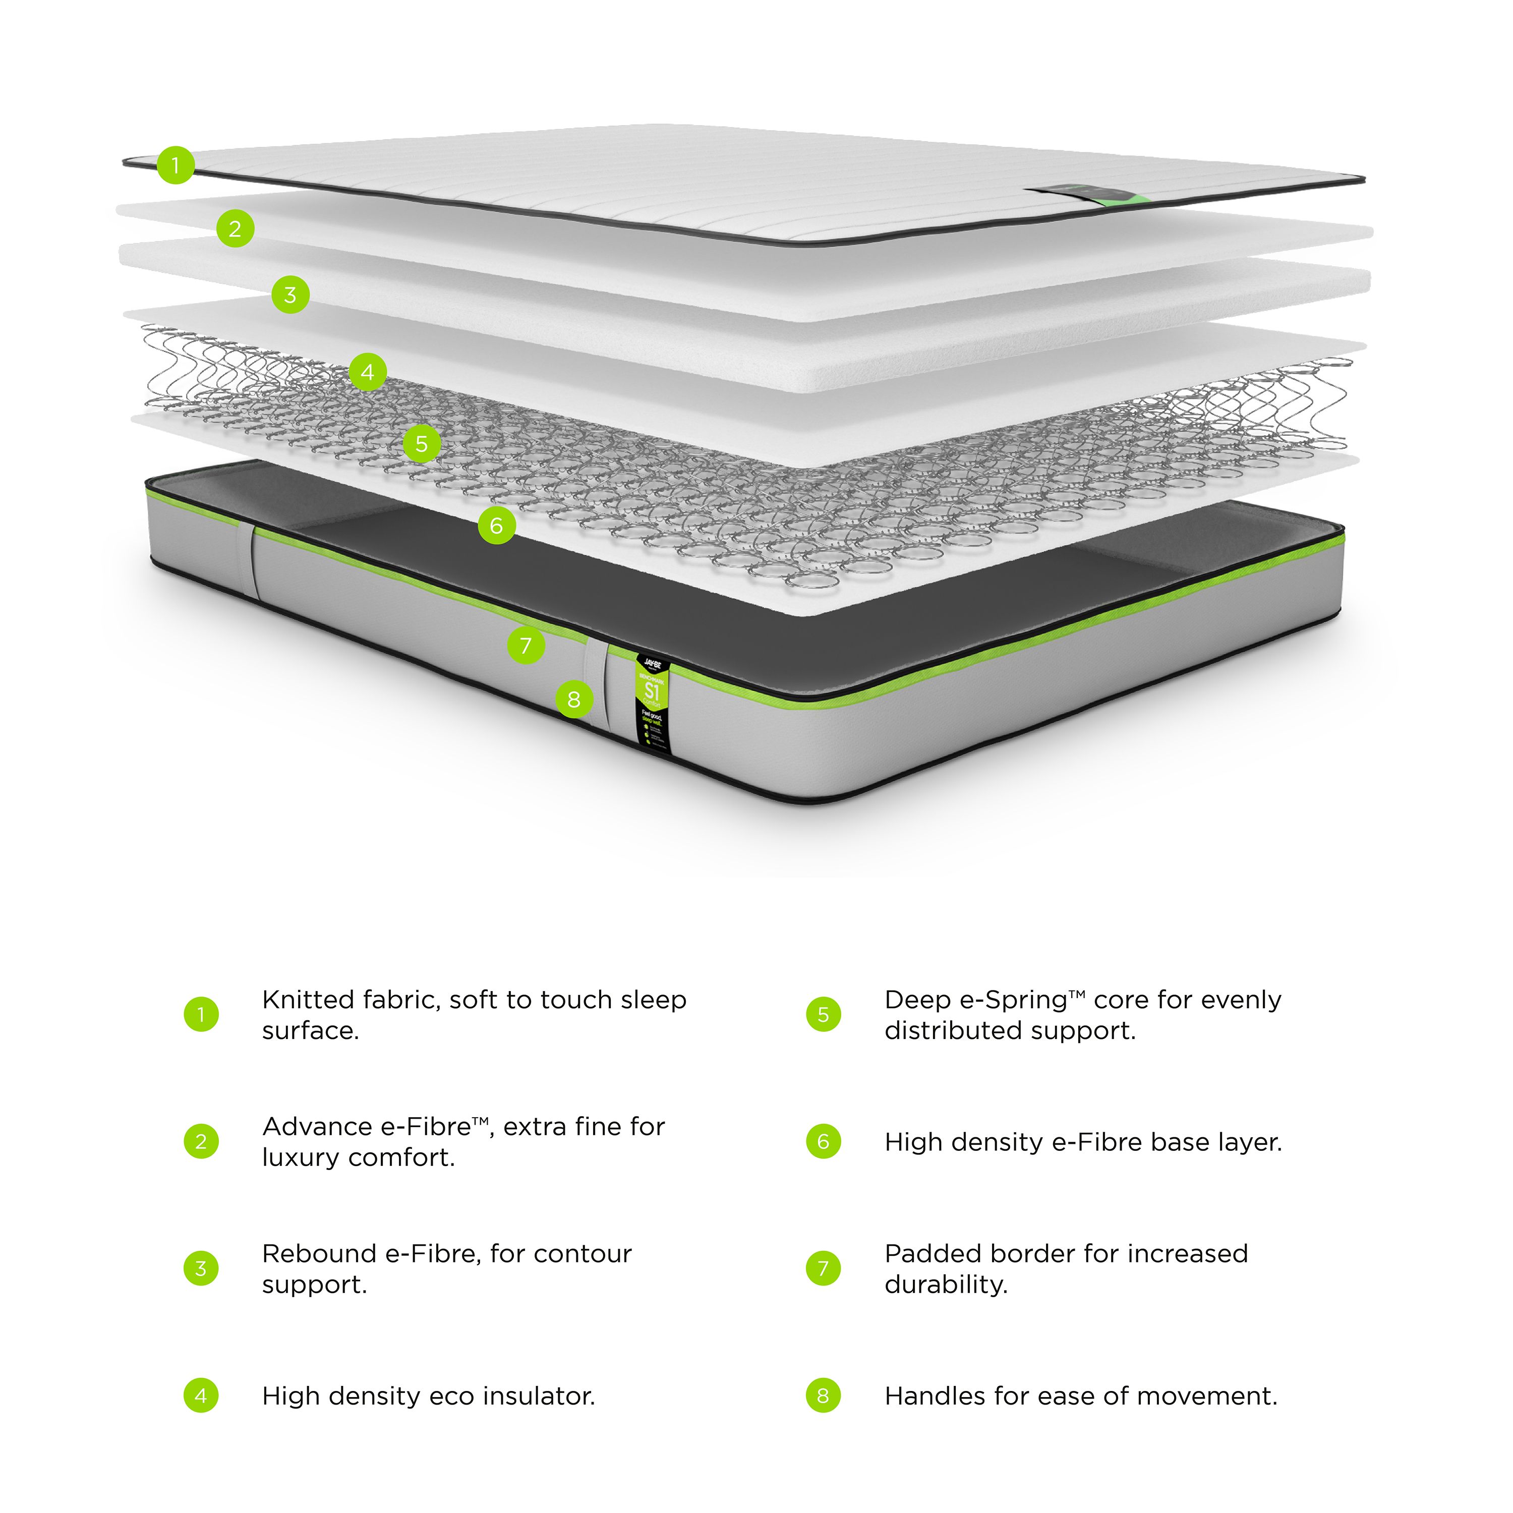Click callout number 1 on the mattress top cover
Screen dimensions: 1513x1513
[176, 165]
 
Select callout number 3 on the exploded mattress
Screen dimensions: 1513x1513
[290, 295]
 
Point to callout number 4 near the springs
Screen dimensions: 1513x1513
[367, 372]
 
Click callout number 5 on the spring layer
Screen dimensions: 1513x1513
[421, 444]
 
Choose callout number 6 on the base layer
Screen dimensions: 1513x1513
[496, 526]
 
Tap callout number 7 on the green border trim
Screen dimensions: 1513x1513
[526, 646]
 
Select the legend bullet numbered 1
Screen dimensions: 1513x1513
[201, 1014]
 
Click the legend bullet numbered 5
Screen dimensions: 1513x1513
[823, 1014]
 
